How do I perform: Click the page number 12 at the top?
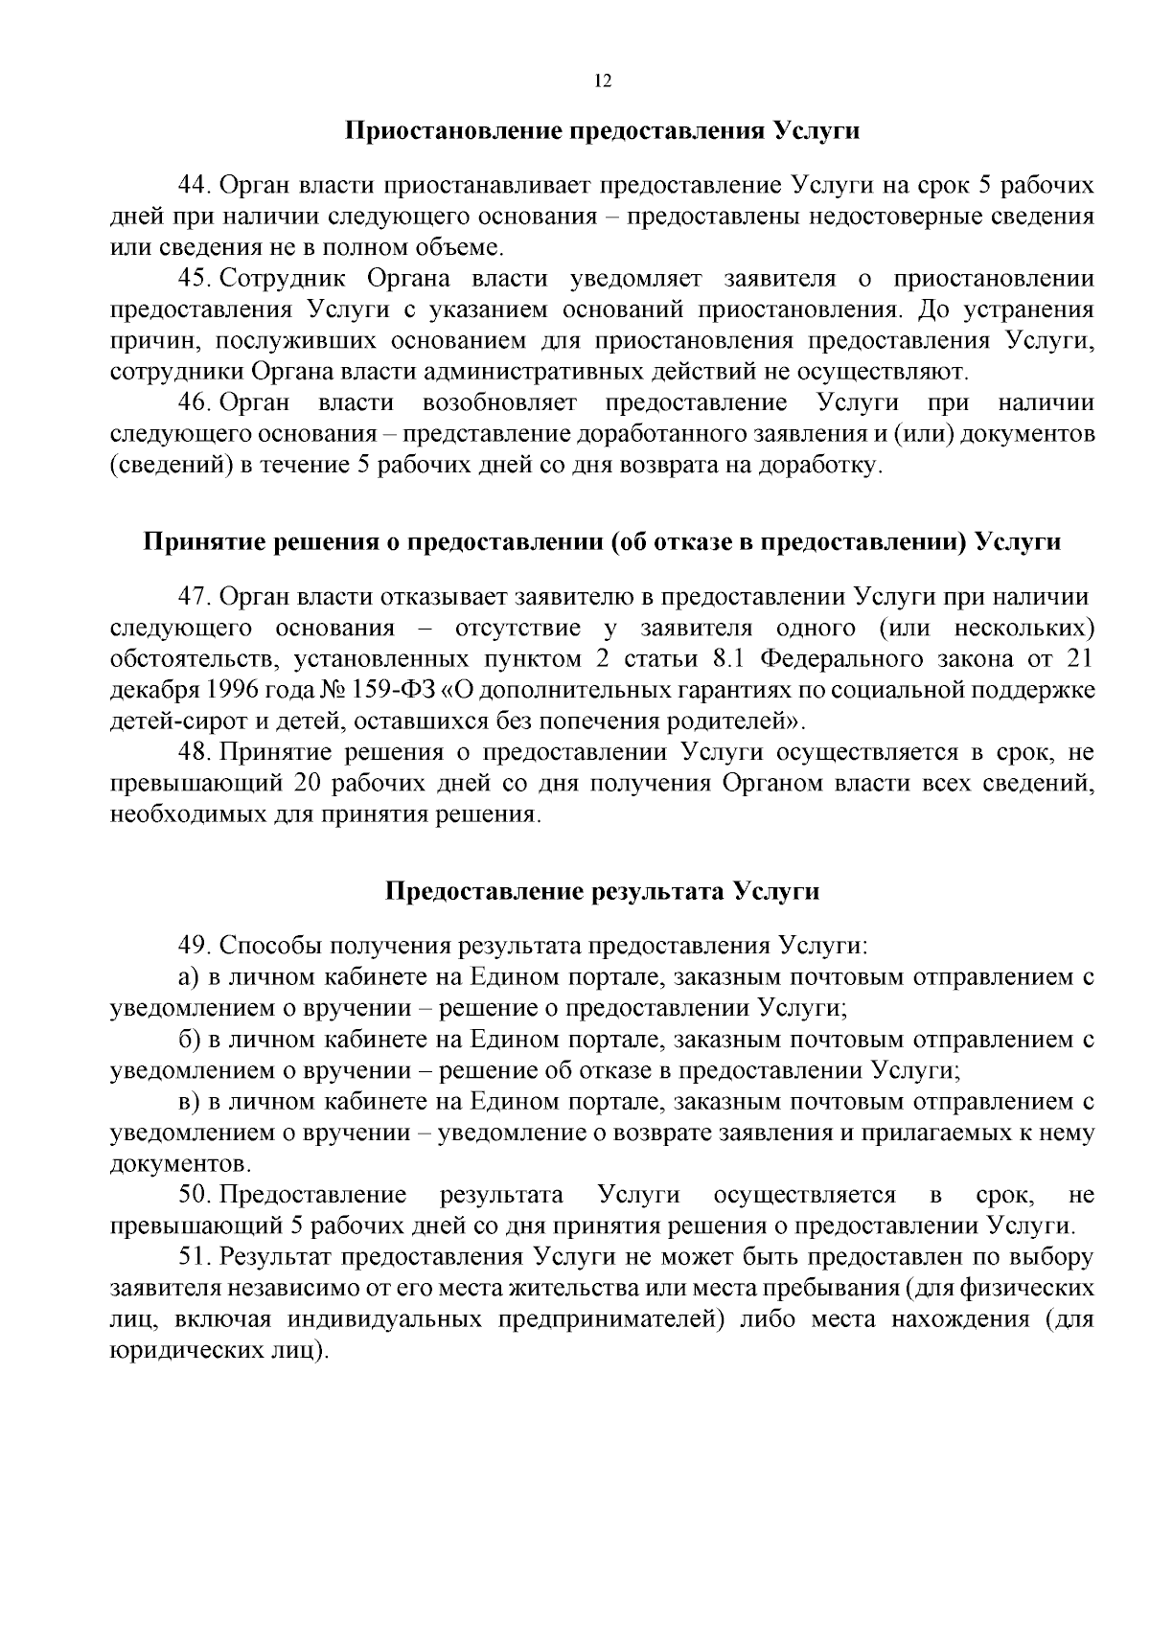click(603, 81)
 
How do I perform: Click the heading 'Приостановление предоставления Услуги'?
click(602, 131)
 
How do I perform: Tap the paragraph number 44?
click(195, 185)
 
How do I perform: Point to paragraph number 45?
click(195, 279)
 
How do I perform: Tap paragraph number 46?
click(195, 402)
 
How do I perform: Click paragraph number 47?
click(195, 597)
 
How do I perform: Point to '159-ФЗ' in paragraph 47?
click(393, 691)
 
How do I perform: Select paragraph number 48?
click(195, 753)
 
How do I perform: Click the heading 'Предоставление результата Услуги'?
click(602, 892)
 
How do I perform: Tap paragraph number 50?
click(195, 1195)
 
